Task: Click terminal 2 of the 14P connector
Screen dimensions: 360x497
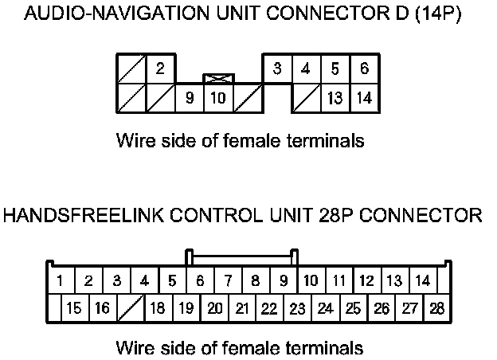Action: coord(160,68)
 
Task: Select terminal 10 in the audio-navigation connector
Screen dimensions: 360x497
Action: coord(217,99)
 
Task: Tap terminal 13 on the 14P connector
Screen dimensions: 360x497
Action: coord(335,99)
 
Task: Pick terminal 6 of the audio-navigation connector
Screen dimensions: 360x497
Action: coord(364,68)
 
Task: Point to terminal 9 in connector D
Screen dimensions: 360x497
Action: coord(190,99)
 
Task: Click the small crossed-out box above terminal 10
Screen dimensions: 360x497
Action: coord(217,78)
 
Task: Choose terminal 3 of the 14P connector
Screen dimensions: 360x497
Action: coord(276,68)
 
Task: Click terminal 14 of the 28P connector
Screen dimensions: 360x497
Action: coord(422,281)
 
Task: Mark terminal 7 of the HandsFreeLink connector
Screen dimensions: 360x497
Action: coord(228,281)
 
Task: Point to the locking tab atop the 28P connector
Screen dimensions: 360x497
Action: coord(241,256)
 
